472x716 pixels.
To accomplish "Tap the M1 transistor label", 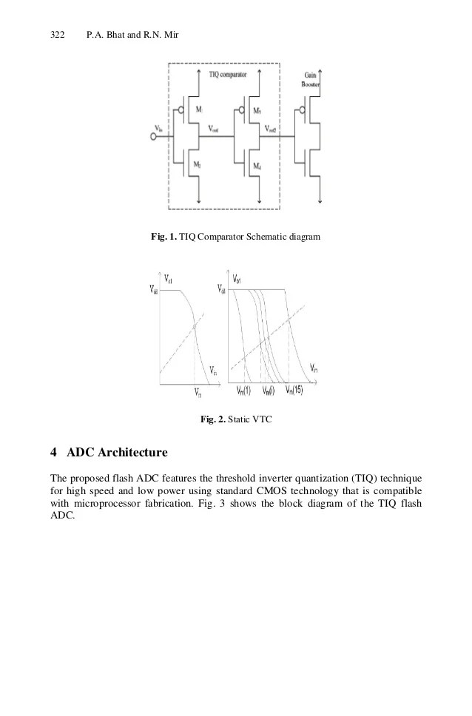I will click(x=198, y=109).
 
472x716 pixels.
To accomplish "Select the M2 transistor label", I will click(x=198, y=164).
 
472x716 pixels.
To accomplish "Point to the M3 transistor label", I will click(x=257, y=110).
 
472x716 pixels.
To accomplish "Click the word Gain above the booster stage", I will click(x=311, y=75).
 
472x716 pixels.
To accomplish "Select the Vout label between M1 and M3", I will click(x=214, y=128).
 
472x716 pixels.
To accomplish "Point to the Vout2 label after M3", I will click(x=273, y=128).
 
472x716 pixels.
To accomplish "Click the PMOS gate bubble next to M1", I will click(x=182, y=114).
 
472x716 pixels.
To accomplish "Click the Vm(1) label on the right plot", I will click(x=243, y=390).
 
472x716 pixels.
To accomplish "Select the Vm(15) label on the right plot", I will click(x=294, y=390).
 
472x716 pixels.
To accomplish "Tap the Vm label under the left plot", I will click(x=197, y=393).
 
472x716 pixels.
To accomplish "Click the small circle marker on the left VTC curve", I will click(x=194, y=326).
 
